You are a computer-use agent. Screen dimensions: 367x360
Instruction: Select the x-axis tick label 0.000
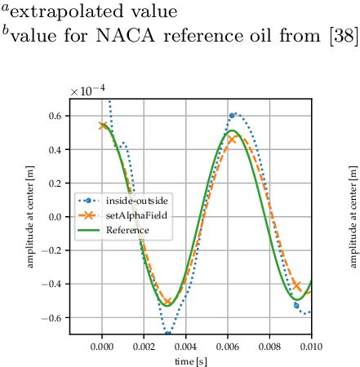pos(102,346)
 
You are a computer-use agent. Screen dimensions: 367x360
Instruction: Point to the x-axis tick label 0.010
pos(309,346)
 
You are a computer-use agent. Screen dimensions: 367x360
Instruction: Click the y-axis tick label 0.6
pos(56,116)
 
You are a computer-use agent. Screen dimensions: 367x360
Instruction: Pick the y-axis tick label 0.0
pos(56,217)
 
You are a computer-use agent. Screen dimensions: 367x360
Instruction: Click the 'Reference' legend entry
pos(122,231)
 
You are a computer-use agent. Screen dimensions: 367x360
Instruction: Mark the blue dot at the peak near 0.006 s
pos(232,116)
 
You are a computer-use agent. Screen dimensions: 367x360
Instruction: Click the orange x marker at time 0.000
pos(102,126)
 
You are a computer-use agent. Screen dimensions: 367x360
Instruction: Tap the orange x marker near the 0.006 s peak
pos(232,139)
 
